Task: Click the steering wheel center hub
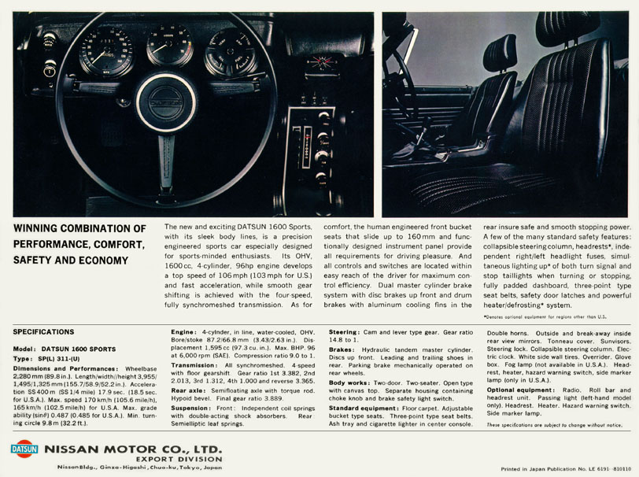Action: coord(165,102)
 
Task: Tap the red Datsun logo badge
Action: coord(24,449)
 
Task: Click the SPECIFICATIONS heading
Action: coord(44,332)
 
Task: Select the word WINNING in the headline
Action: coord(43,229)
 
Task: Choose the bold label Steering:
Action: coord(344,334)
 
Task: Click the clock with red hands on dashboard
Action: coord(320,62)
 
